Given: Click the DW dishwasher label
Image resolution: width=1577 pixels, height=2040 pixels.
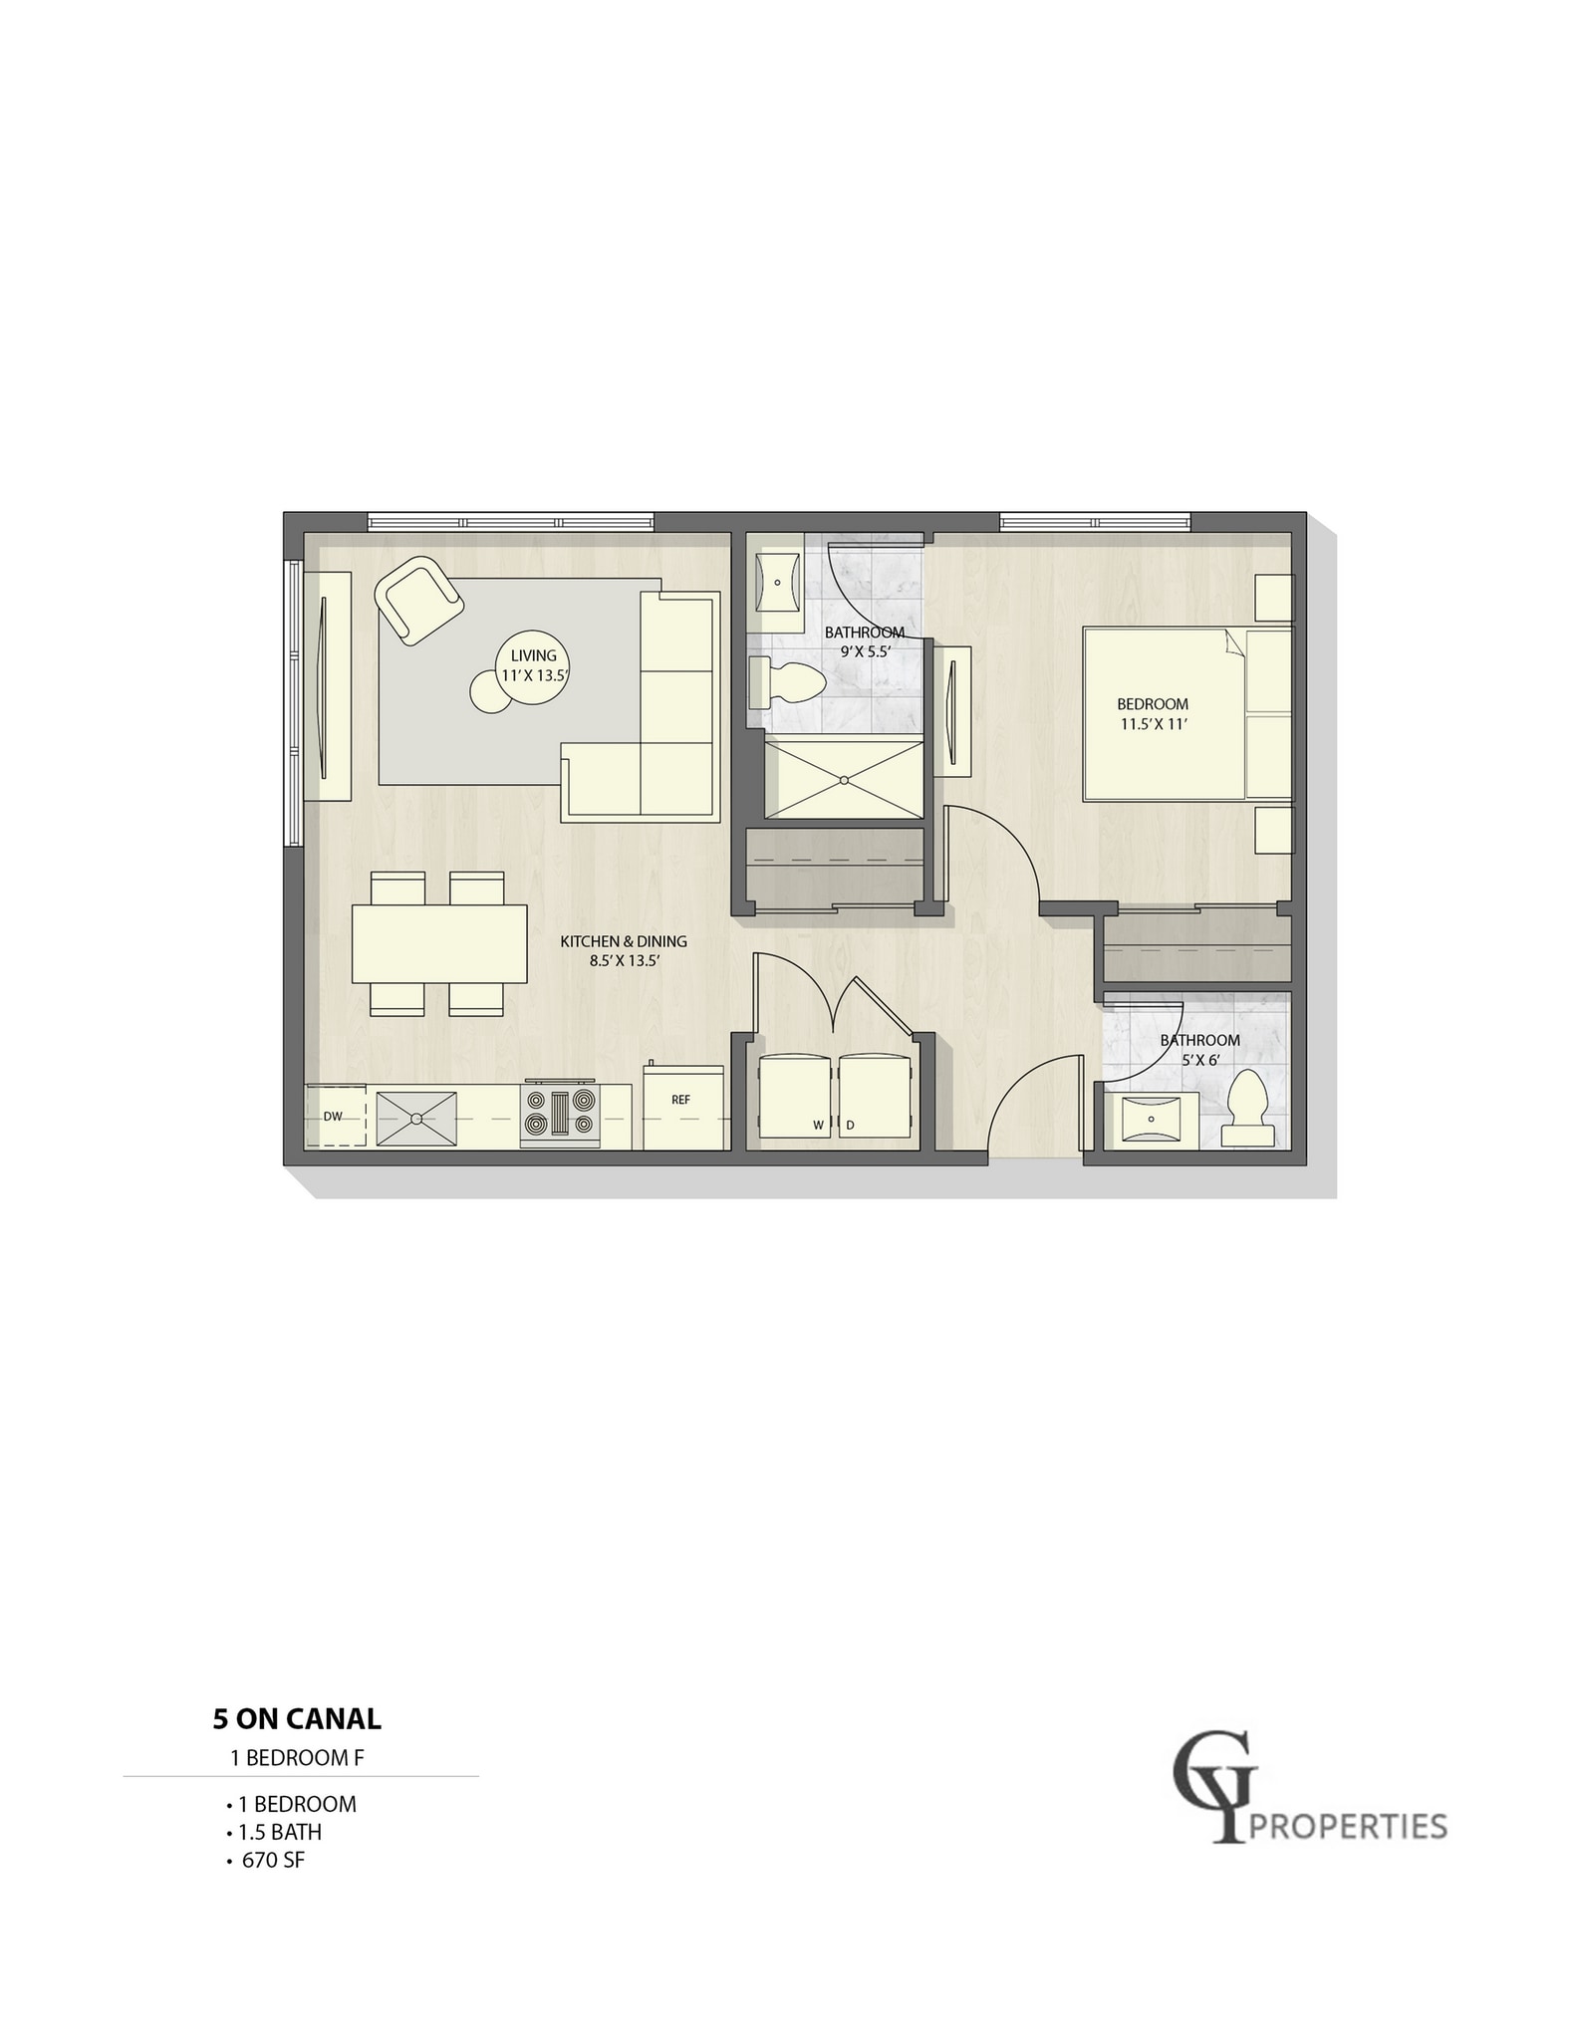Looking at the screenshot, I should (x=333, y=1117).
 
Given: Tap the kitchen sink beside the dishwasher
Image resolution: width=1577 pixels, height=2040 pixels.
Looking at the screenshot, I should (x=416, y=1119).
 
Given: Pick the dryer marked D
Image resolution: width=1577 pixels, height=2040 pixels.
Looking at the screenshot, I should (x=874, y=1096).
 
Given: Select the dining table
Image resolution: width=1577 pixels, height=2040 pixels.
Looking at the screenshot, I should (x=439, y=943).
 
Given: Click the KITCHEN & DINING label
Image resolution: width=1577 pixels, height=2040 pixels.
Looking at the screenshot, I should (x=624, y=950).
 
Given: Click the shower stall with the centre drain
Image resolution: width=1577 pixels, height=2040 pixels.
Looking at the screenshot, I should (x=844, y=778).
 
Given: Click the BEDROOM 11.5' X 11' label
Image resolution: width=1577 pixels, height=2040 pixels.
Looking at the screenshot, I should (x=1153, y=714).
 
